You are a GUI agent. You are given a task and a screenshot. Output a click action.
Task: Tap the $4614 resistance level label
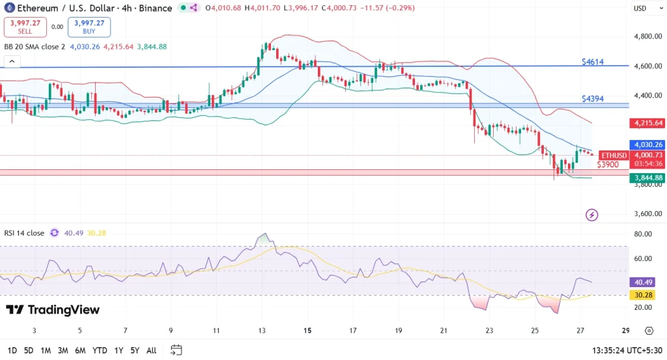(x=593, y=62)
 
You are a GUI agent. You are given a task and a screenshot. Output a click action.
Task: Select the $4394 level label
(x=593, y=99)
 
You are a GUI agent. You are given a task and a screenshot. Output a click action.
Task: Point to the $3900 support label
(x=607, y=164)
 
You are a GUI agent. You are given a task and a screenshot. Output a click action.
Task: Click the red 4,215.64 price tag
(x=646, y=123)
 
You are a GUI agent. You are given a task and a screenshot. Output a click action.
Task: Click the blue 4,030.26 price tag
(x=646, y=145)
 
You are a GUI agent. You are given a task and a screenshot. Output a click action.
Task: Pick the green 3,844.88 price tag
(x=646, y=178)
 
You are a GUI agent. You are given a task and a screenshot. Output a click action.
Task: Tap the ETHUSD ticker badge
(x=614, y=156)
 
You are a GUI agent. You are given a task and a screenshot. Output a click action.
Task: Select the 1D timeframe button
(x=11, y=350)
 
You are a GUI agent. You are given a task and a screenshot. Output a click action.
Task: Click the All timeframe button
(x=151, y=350)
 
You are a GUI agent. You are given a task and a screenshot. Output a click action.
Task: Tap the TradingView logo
(x=53, y=310)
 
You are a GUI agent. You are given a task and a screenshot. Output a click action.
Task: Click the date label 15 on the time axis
(x=307, y=331)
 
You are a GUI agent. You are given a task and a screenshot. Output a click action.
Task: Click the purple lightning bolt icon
(x=592, y=214)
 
